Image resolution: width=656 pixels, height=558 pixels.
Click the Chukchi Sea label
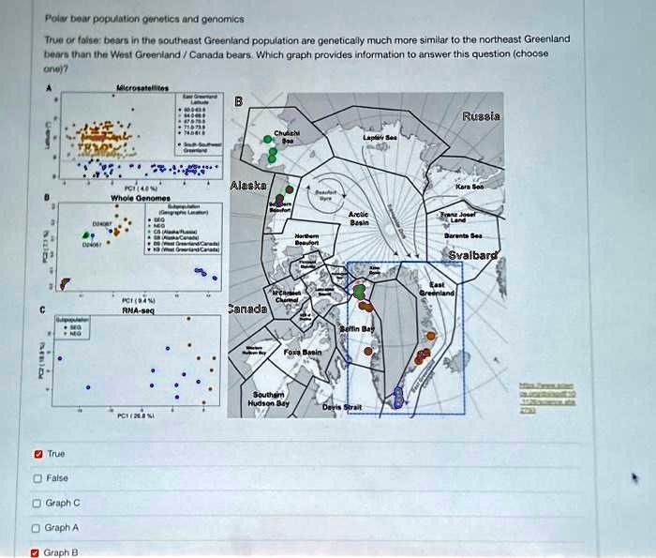(x=288, y=138)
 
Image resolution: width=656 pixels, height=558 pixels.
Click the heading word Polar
(x=58, y=18)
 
